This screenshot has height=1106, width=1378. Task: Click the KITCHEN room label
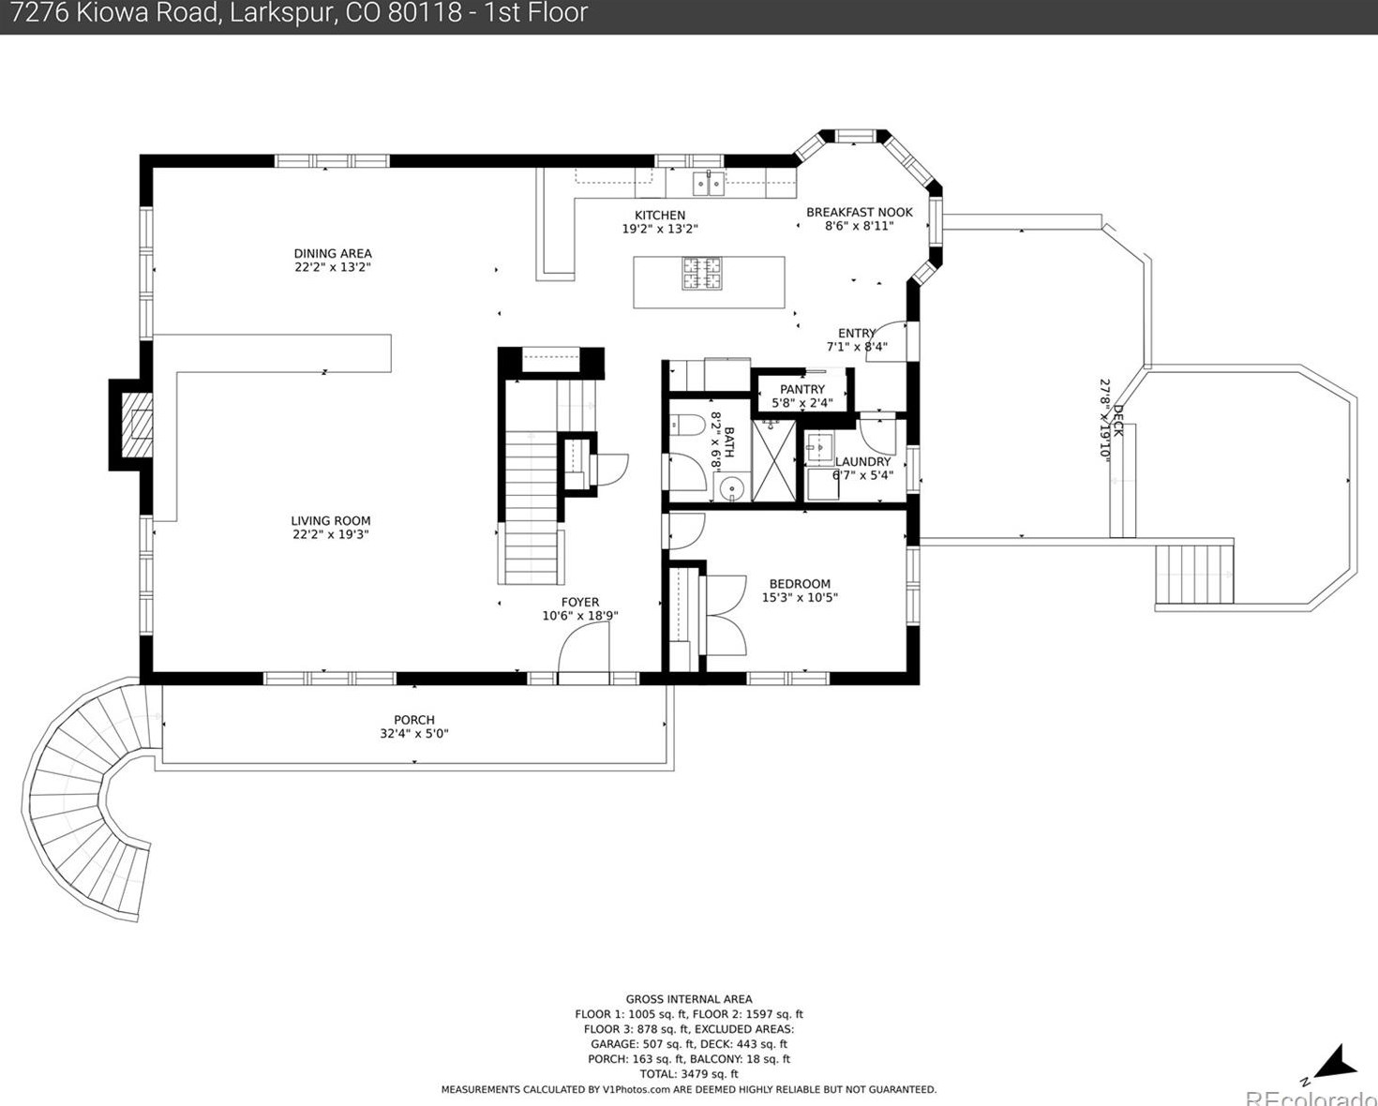pos(660,216)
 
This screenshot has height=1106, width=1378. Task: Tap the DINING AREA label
pos(333,254)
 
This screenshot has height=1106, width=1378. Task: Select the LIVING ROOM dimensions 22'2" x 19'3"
pos(330,535)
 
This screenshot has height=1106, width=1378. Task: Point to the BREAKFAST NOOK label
pos(860,212)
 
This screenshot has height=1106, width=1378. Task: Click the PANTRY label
pos(802,389)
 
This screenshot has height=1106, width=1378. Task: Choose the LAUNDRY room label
pos(862,462)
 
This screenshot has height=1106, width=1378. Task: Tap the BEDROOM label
pos(800,584)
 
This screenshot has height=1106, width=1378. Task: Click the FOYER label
pos(580,602)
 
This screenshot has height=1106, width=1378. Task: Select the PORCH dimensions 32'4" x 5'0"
pos(414,734)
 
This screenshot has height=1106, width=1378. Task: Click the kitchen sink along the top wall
pos(708,184)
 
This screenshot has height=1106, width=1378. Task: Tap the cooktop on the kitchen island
pos(702,274)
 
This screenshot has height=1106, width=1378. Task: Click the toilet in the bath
pos(681,426)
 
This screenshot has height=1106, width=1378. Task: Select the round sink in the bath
pos(731,489)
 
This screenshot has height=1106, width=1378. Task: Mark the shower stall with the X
pos(773,460)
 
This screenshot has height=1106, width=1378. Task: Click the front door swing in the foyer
pos(584,648)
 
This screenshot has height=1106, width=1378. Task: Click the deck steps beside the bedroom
pos(1194,574)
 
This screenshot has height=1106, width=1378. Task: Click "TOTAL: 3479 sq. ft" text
pos(688,1074)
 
